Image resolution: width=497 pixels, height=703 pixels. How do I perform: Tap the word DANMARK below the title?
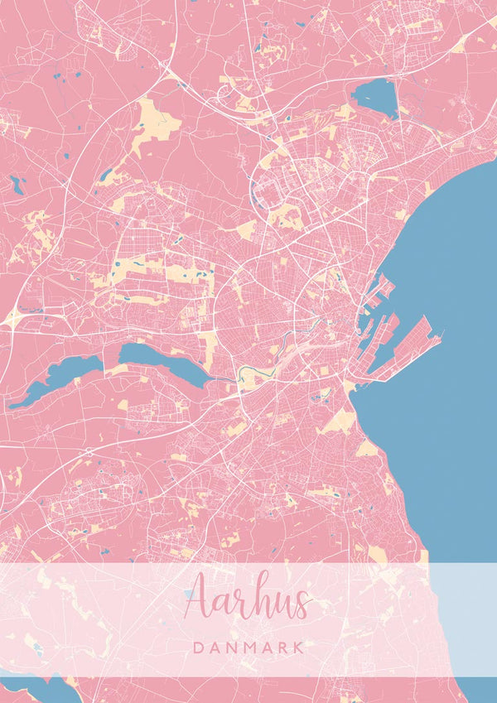coord(248,647)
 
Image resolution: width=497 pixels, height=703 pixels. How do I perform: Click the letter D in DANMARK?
coord(195,647)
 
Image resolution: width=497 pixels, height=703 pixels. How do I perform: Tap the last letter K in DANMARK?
coord(299,647)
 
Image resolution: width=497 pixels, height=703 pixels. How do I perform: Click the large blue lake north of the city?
coord(375,97)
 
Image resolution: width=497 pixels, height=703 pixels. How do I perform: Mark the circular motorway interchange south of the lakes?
coord(89,453)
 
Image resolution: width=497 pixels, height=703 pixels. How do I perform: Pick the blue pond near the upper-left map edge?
coord(17,185)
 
